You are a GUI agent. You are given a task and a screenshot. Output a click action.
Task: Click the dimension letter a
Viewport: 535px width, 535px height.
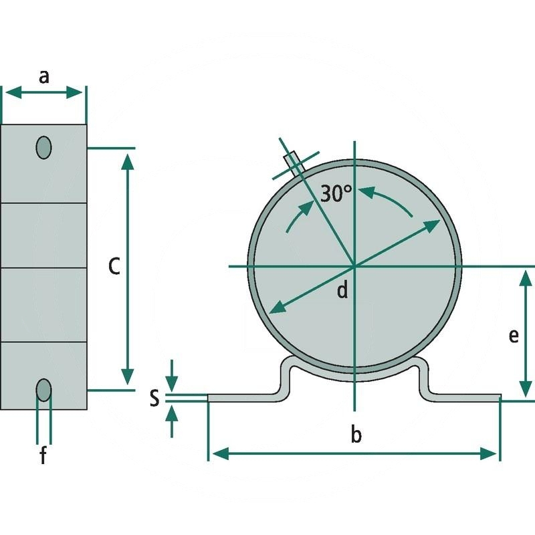pos(44,77)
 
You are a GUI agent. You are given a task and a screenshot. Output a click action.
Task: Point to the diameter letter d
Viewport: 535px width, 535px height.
pos(342,290)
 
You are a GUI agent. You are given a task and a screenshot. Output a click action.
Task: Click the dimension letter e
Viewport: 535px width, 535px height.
pos(514,336)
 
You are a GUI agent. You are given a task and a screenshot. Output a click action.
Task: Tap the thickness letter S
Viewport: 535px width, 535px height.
pos(154,398)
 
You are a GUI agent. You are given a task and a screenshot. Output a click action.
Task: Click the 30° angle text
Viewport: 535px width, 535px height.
pos(336,193)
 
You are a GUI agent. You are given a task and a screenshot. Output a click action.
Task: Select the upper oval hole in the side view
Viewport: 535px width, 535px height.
pos(43,147)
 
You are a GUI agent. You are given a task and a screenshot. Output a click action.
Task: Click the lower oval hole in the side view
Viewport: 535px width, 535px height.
pos(43,390)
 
